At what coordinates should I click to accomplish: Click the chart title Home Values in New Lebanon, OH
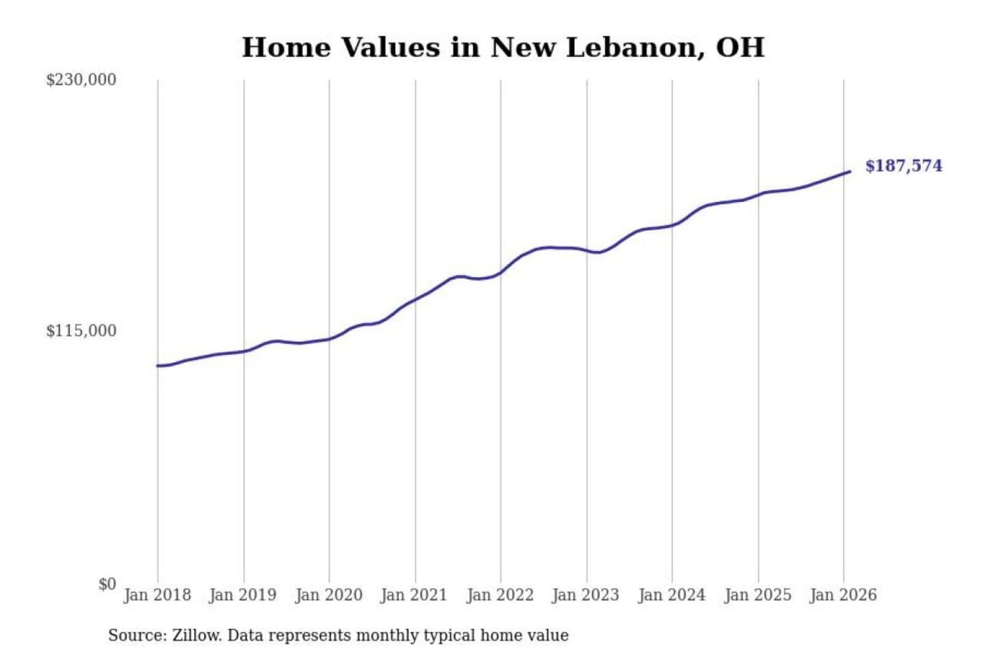coord(503,48)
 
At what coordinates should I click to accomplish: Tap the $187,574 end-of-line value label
coord(903,166)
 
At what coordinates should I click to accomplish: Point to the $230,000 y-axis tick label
coord(81,80)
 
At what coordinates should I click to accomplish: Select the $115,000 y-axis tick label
coord(81,331)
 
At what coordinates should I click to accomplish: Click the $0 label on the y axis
coord(107,584)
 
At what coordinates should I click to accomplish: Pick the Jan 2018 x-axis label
coord(157,595)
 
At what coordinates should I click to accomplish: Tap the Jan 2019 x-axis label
coord(242,595)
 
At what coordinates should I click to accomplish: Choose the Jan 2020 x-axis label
coord(328,595)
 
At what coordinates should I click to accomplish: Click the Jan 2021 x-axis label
coord(414,595)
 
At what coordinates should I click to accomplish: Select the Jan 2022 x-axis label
coord(500,595)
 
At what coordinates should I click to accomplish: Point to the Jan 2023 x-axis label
coord(585,595)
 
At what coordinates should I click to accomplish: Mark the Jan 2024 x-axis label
coord(671,595)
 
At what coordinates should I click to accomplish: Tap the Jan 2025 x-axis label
coord(757,595)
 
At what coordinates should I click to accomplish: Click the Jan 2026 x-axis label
coord(842,595)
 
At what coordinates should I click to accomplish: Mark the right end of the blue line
coord(849,172)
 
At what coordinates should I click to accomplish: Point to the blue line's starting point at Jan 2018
coord(158,366)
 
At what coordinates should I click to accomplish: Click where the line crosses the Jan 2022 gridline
coord(500,273)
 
